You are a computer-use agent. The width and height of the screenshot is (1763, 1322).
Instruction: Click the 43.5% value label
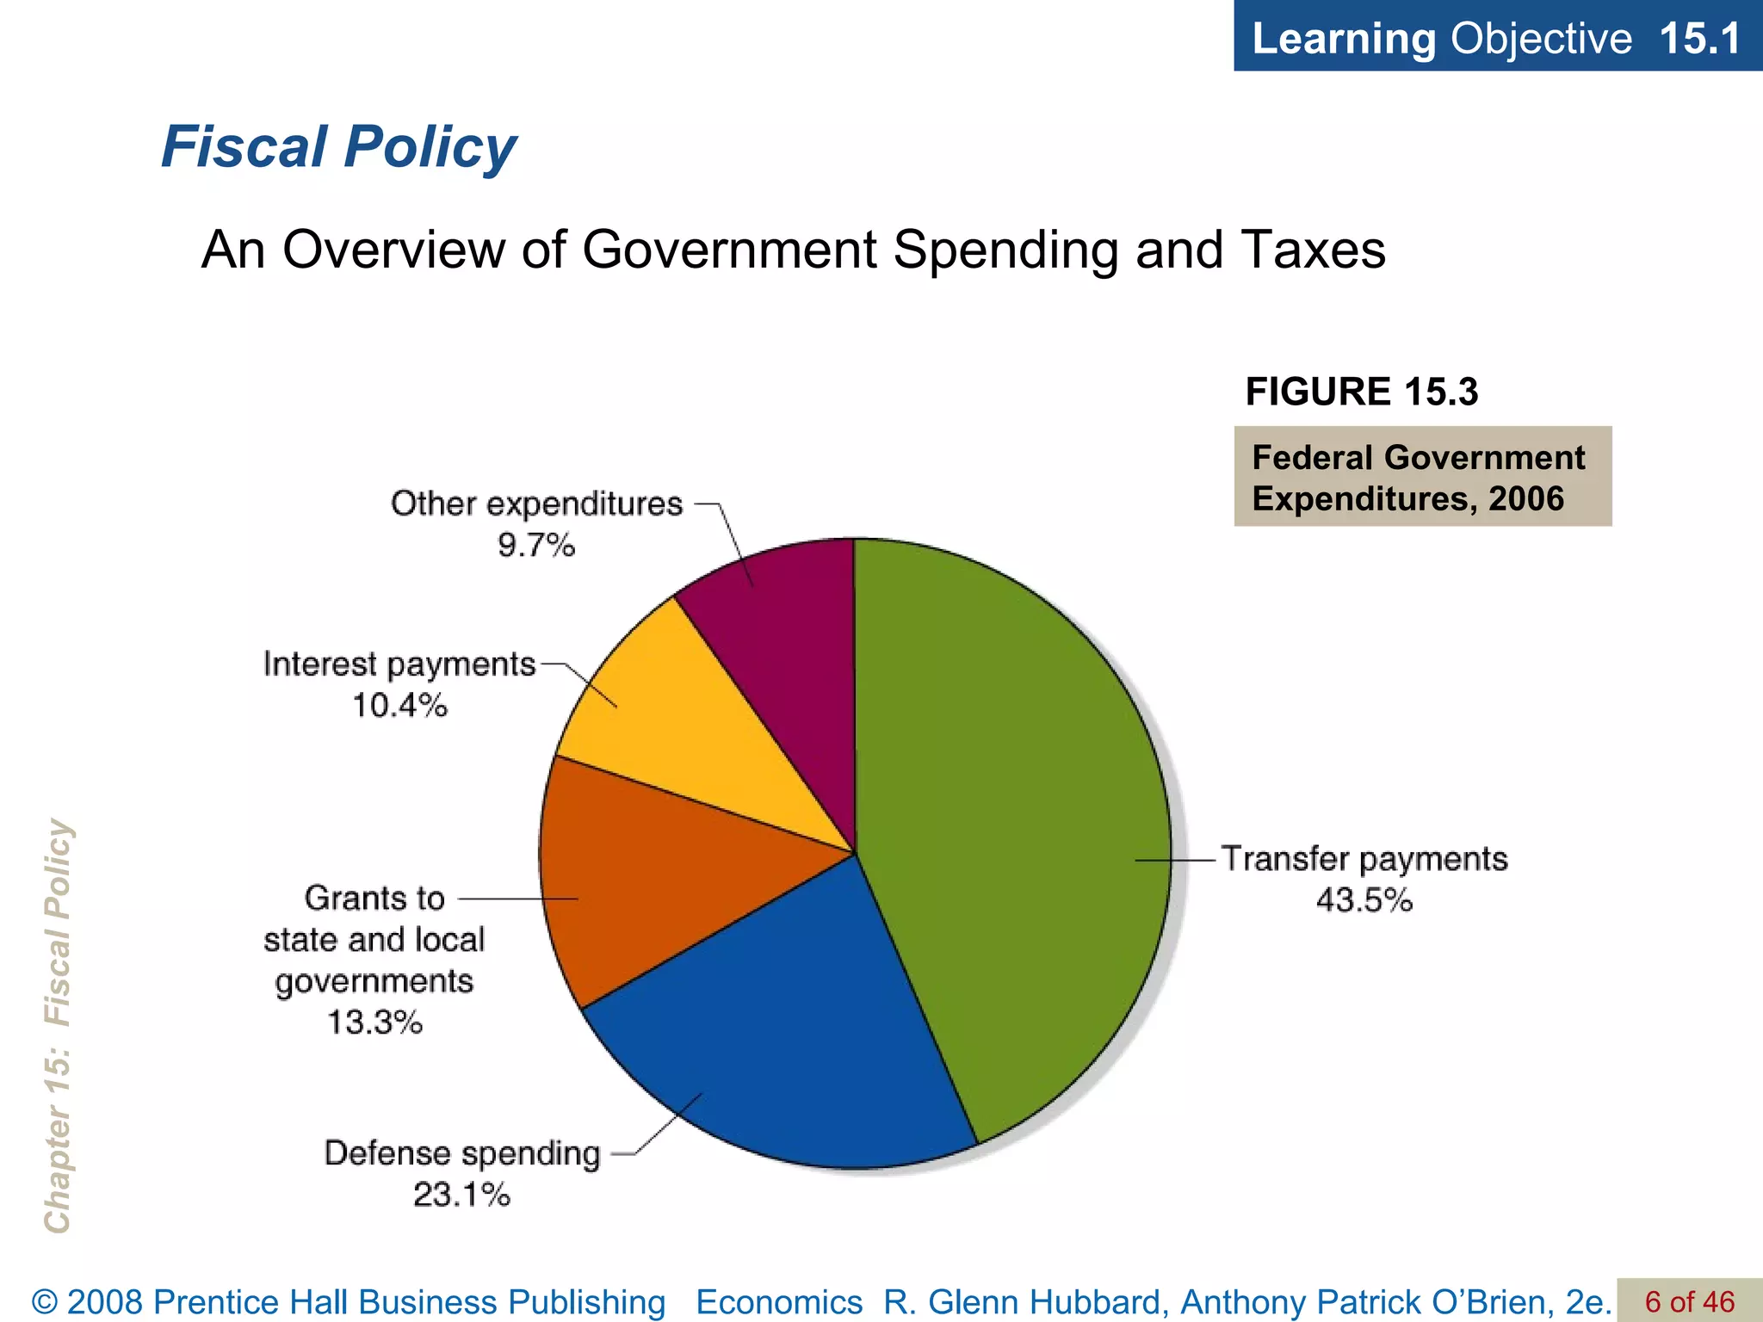point(1364,901)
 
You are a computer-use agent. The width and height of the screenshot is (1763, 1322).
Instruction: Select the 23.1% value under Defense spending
point(461,1195)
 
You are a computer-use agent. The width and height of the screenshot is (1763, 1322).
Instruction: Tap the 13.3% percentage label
point(374,1023)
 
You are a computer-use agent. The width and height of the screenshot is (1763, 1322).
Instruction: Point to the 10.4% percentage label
point(400,707)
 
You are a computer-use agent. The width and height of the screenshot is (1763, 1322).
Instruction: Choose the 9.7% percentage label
point(536,546)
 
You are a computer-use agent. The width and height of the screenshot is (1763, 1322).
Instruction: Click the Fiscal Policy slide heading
point(338,146)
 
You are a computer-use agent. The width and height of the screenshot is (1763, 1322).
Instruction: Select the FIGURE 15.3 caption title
point(1361,392)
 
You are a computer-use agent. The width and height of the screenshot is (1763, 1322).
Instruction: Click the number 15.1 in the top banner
point(1699,39)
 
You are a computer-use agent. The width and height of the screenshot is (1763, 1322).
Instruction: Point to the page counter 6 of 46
point(1689,1301)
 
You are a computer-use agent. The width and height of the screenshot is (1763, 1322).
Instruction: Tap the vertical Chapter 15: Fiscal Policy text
point(59,1024)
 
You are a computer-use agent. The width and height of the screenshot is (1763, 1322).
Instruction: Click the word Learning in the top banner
point(1344,39)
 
